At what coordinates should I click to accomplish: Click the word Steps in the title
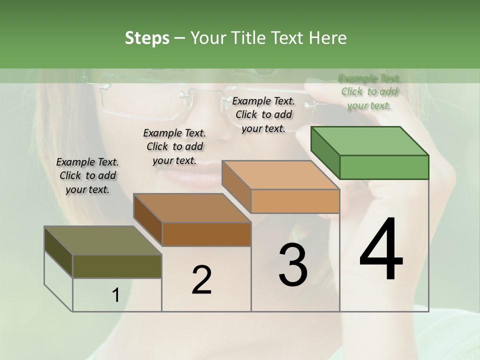pyautogui.click(x=146, y=38)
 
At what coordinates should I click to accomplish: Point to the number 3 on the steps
pyautogui.click(x=293, y=265)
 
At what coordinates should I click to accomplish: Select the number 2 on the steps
pyautogui.click(x=201, y=279)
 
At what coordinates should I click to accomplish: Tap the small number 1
pyautogui.click(x=116, y=295)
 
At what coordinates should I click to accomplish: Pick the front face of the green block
pyautogui.click(x=384, y=167)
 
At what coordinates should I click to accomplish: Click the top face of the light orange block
pyautogui.click(x=280, y=175)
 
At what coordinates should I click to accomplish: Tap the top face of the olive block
pyautogui.click(x=102, y=240)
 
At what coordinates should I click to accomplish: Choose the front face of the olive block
pyautogui.click(x=117, y=266)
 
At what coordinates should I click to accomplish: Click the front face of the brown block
pyautogui.click(x=206, y=234)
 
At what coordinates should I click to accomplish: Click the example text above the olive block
pyautogui.click(x=87, y=175)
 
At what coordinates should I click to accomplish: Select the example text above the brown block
pyautogui.click(x=174, y=146)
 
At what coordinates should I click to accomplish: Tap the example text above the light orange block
pyautogui.click(x=263, y=114)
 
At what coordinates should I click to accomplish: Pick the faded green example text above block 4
pyautogui.click(x=369, y=91)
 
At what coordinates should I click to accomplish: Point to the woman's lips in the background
pyautogui.click(x=187, y=172)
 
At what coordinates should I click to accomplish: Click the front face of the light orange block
pyautogui.click(x=295, y=201)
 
